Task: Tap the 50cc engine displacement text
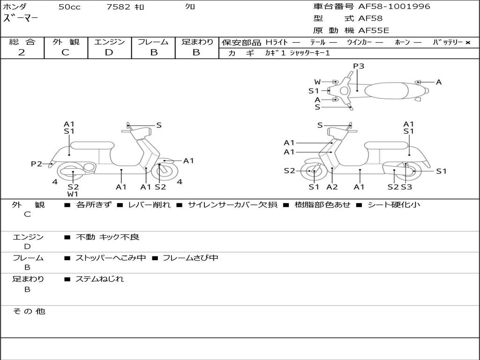click(x=69, y=7)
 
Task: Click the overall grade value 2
click(x=22, y=52)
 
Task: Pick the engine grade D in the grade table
click(x=109, y=52)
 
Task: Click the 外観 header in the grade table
click(x=66, y=42)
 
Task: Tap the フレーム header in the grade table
click(x=153, y=42)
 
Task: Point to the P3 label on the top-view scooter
click(x=359, y=66)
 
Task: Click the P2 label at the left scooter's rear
click(x=37, y=164)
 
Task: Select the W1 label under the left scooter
click(x=73, y=194)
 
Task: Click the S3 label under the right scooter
click(x=406, y=187)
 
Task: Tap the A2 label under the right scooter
click(x=332, y=187)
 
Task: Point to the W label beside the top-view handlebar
click(x=317, y=82)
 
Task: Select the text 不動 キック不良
click(x=107, y=237)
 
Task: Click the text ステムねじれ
click(x=100, y=279)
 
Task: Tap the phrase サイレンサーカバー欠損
click(x=232, y=205)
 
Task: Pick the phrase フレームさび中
click(x=190, y=258)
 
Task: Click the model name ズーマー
click(x=21, y=19)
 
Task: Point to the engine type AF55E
click(x=374, y=30)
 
